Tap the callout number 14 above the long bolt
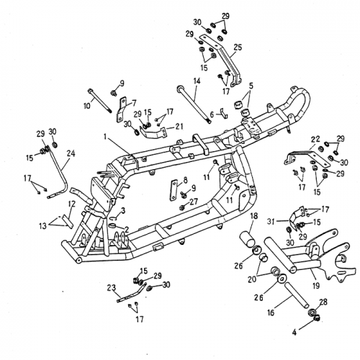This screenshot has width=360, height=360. tap(197, 81)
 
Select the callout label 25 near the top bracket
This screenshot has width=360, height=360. tap(238, 47)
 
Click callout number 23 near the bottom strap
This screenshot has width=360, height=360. tap(112, 288)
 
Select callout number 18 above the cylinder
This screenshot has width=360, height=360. tap(253, 216)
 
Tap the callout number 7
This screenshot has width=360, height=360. tap(132, 103)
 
